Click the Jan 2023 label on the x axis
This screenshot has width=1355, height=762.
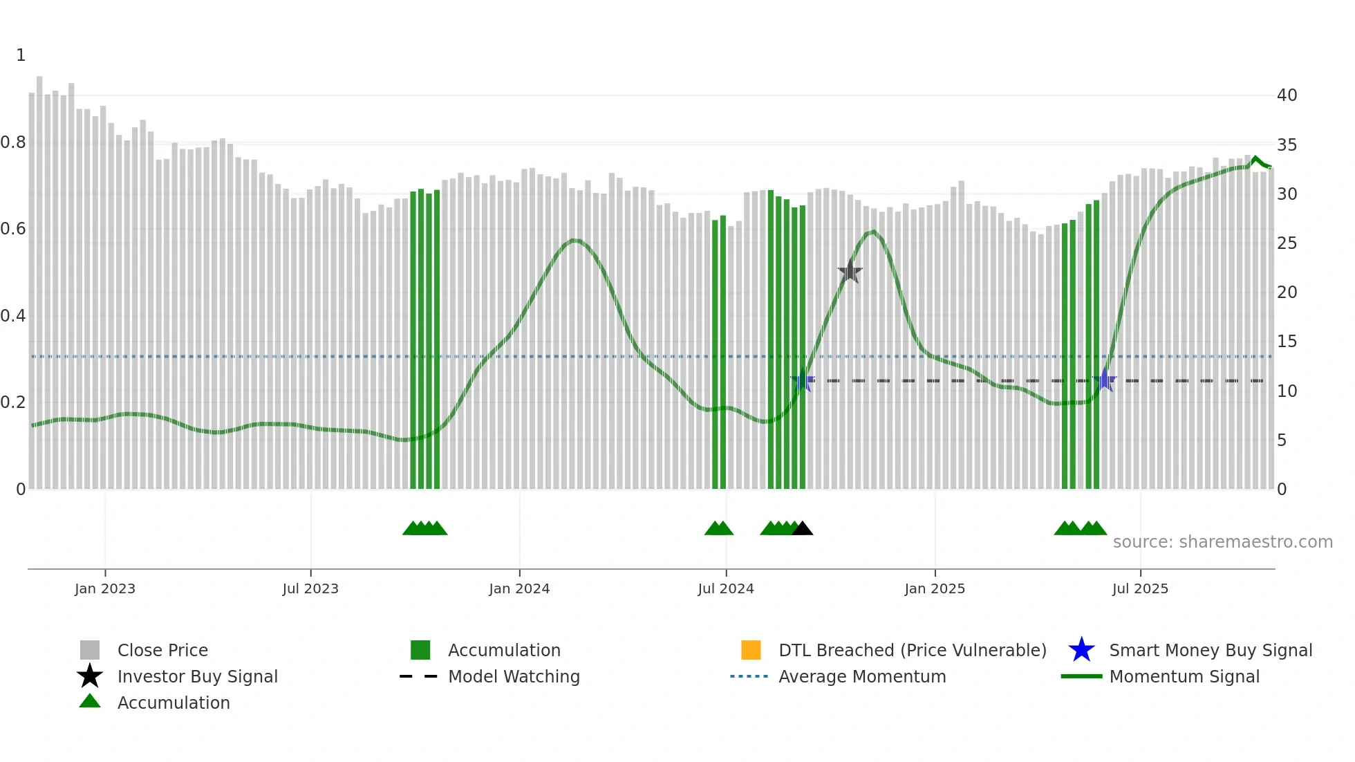tap(105, 588)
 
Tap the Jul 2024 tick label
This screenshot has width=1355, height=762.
tap(726, 588)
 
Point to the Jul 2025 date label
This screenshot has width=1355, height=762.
tap(1140, 588)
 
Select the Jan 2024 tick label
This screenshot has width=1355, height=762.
tap(519, 588)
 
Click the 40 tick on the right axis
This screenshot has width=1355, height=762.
tap(1287, 95)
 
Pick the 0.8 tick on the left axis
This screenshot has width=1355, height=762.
tap(13, 142)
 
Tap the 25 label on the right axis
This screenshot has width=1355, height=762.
tap(1287, 243)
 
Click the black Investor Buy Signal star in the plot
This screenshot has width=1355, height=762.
tap(850, 272)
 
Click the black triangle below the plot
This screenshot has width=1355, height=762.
tap(802, 529)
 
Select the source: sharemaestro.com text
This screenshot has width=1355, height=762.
tap(1222, 542)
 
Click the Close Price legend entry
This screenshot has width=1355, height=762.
tap(162, 650)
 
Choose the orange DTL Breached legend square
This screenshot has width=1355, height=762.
tap(751, 650)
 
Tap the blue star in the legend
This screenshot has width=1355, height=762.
tap(1081, 650)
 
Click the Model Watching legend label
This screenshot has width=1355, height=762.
tap(514, 676)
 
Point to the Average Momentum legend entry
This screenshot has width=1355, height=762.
tap(862, 676)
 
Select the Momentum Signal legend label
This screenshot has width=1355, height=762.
tap(1184, 676)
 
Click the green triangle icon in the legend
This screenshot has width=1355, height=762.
tap(90, 701)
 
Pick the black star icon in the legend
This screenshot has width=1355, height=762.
tap(90, 676)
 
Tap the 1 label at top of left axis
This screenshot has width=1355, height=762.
tap(21, 55)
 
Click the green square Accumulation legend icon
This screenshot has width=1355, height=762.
tap(420, 650)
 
